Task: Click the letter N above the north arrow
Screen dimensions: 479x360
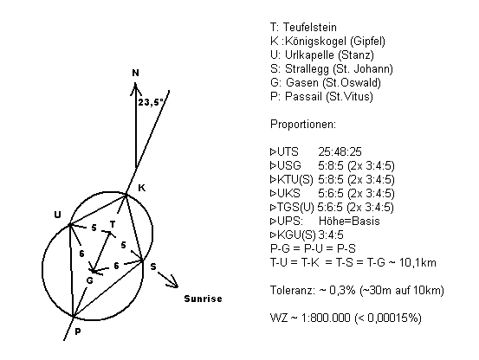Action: click(x=136, y=73)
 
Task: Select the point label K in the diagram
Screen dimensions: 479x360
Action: click(x=142, y=188)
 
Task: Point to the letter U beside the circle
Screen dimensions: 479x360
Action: click(x=57, y=215)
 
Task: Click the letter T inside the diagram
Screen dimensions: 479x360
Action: click(x=113, y=224)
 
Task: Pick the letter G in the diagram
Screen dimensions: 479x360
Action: click(x=89, y=280)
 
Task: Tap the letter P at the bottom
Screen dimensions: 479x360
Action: click(x=78, y=331)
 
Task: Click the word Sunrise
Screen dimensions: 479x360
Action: click(x=204, y=299)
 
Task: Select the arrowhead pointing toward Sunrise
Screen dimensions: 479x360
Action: click(x=173, y=282)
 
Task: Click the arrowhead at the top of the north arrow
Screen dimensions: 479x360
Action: click(x=135, y=88)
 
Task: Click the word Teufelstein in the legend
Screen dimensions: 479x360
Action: click(x=310, y=27)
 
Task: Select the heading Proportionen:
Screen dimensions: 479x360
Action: click(x=303, y=124)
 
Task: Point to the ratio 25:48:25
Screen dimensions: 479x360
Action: click(x=340, y=152)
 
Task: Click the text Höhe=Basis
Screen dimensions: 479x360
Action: click(x=349, y=221)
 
